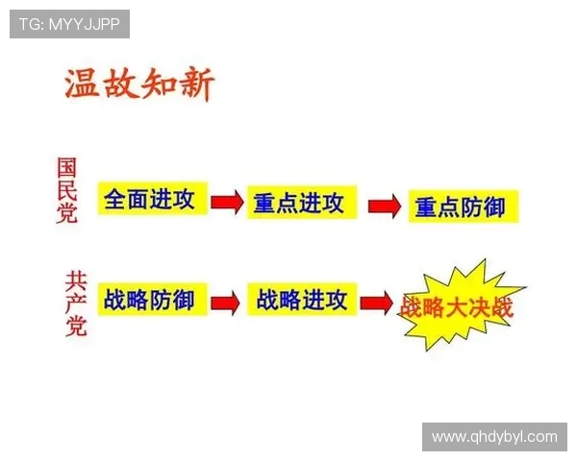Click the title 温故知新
coord(139,85)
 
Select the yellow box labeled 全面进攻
coord(152,200)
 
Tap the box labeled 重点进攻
coord(301,203)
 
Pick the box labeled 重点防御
coord(462,206)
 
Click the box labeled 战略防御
coord(151,300)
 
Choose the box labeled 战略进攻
coord(302,300)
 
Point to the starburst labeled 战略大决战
coord(459,308)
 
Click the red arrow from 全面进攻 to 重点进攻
coord(227,202)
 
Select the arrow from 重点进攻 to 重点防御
coord(384,206)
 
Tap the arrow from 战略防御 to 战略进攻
coord(225,303)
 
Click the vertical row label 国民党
coord(66,191)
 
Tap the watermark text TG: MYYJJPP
coord(70,24)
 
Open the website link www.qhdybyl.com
coord(494,436)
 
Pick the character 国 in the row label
coord(66,168)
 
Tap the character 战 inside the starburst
coord(411,308)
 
